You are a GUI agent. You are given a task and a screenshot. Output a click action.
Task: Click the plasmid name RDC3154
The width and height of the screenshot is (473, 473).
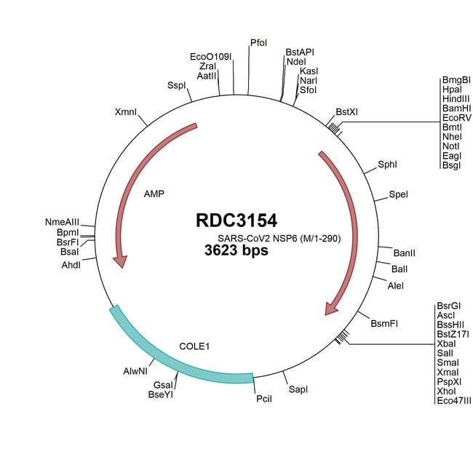click(x=236, y=220)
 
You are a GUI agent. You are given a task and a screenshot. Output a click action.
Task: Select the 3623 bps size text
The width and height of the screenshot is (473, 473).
click(x=236, y=251)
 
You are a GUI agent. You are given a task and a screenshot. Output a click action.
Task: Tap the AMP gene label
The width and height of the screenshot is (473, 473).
click(x=154, y=194)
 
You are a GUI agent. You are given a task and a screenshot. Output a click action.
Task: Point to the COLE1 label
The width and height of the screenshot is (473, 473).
click(x=194, y=346)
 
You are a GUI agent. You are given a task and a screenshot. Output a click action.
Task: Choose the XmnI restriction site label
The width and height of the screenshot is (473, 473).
click(x=127, y=112)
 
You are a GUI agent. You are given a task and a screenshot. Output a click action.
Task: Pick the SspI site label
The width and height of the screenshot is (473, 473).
click(x=177, y=85)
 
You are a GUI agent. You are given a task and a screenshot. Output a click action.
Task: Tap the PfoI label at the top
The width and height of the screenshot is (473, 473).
click(x=258, y=44)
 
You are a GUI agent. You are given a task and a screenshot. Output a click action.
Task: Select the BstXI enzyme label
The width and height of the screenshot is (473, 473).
click(x=347, y=111)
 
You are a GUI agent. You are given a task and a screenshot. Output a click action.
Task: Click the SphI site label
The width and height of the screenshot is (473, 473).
click(x=387, y=164)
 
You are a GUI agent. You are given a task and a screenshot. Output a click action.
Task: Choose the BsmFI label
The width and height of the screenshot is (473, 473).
click(x=384, y=322)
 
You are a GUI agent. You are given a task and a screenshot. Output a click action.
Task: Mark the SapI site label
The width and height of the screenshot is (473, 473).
click(x=298, y=389)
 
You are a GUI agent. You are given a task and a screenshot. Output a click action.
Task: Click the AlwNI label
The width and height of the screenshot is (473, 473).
click(x=135, y=371)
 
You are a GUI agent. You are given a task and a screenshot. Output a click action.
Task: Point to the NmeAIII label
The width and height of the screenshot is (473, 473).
click(x=62, y=221)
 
